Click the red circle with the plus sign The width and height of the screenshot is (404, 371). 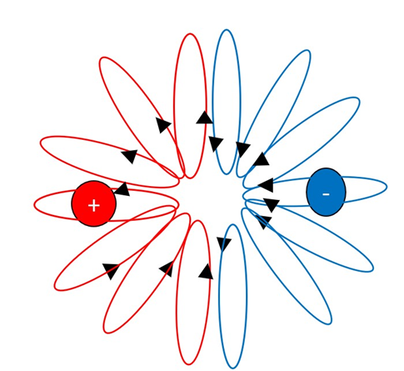[94, 203]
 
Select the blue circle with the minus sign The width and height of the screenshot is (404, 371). [326, 192]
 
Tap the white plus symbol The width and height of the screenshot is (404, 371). [94, 206]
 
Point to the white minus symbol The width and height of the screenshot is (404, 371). [326, 194]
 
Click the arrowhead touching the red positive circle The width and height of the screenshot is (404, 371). [122, 189]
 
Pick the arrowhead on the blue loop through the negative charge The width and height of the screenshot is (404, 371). [266, 185]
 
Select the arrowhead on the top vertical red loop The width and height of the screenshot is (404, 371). [205, 118]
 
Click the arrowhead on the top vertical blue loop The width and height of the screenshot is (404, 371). [216, 144]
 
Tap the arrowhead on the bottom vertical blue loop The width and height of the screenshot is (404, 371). [224, 244]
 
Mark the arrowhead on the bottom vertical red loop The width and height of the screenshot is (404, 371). [206, 272]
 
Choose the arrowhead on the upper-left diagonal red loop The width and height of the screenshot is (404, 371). [162, 125]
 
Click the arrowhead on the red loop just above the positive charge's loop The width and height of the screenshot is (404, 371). [130, 156]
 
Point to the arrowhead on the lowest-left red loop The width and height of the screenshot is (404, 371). [111, 271]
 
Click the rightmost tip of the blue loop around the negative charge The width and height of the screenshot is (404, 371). [387, 187]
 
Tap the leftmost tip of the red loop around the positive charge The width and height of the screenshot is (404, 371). [34, 205]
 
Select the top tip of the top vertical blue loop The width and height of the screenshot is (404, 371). [227, 29]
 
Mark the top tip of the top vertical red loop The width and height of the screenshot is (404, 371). [190, 34]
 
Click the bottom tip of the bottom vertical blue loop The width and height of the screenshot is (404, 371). [232, 368]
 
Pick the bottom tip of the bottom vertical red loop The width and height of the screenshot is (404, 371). [190, 364]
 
